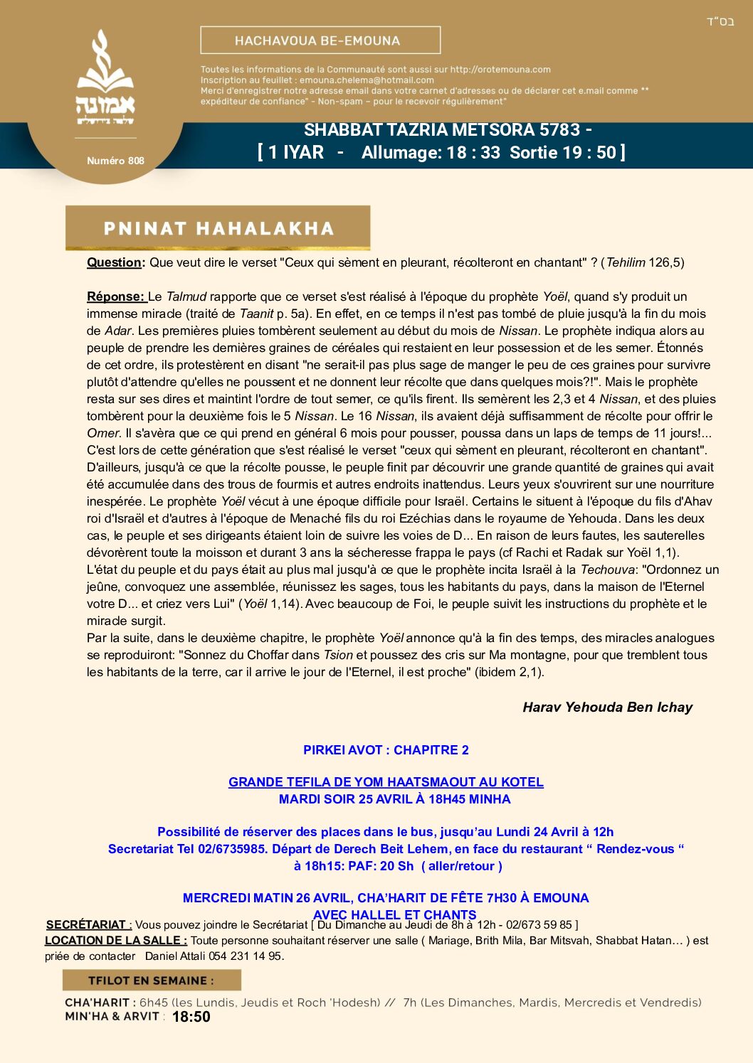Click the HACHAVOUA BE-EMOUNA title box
[x=320, y=41]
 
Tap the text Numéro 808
[x=115, y=161]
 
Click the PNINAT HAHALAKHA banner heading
[x=218, y=228]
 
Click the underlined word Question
[x=114, y=262]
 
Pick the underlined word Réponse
[x=115, y=297]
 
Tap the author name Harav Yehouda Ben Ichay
[x=607, y=707]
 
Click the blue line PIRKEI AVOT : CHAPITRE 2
[x=386, y=750]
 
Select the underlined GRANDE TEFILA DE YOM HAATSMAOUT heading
[x=386, y=782]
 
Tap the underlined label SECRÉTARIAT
[x=88, y=924]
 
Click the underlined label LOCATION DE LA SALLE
[x=115, y=940]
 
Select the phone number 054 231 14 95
[x=246, y=956]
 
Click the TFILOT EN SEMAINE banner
[x=151, y=981]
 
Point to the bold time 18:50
[x=191, y=1017]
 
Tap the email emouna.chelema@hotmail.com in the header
[x=367, y=80]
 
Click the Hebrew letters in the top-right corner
[x=720, y=21]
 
